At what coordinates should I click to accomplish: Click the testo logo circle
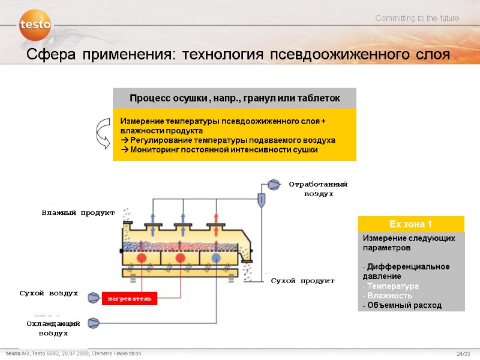tap(35, 25)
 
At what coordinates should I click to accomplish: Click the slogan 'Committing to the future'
tap(417, 19)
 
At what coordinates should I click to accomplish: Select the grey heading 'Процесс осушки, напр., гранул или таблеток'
tap(235, 98)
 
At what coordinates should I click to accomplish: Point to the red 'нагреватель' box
tap(130, 298)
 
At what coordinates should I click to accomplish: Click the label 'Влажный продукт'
tap(78, 213)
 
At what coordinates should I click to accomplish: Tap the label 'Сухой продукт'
tap(302, 281)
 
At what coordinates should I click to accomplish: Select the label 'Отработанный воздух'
tap(319, 188)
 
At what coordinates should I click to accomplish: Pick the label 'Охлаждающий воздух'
tap(53, 328)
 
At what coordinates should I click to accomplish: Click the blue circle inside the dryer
tap(216, 257)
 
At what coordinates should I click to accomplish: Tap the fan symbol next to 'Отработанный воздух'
tap(274, 184)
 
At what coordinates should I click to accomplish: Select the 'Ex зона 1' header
tap(410, 224)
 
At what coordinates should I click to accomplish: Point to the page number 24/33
tap(463, 354)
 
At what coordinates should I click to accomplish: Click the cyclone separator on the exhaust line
tap(262, 199)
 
